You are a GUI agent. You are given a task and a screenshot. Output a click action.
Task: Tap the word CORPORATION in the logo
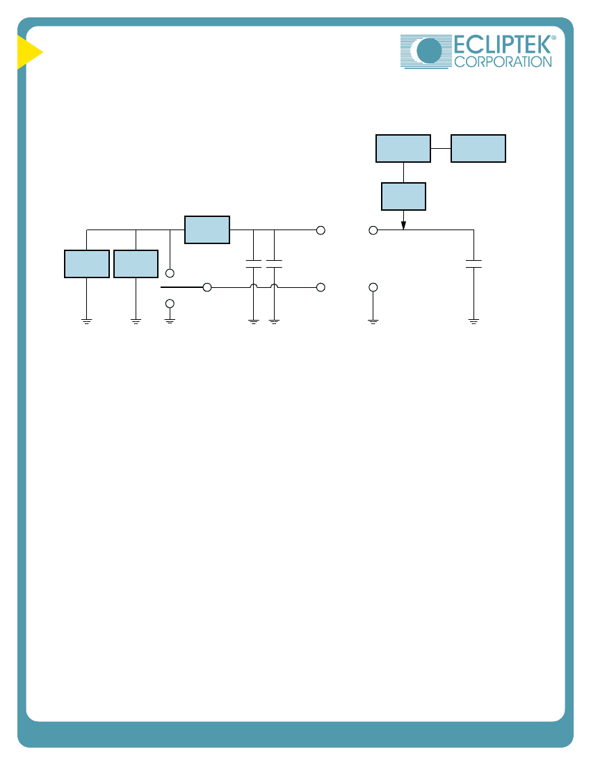point(503,62)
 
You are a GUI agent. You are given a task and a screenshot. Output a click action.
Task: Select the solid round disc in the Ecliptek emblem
point(429,51)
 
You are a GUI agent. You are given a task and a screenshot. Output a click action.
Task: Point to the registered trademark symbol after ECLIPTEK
point(553,38)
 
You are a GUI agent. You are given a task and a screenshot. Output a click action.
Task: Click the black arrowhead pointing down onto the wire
point(403,225)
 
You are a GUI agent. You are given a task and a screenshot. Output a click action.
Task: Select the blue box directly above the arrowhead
point(403,197)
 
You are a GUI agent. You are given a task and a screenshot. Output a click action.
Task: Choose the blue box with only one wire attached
point(478,148)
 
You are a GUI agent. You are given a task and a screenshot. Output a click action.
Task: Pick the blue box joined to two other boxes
point(403,148)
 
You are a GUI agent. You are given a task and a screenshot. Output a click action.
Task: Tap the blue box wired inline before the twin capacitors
point(207,229)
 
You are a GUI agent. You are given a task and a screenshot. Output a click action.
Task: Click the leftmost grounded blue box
point(87,264)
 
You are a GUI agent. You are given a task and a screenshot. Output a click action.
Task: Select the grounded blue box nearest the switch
point(136,264)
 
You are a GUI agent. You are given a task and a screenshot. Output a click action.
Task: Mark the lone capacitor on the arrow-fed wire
point(473,264)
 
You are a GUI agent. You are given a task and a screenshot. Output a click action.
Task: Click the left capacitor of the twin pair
point(254,264)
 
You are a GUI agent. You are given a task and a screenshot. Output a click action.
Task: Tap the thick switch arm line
point(182,287)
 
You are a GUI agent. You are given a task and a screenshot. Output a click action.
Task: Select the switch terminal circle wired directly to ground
point(170,303)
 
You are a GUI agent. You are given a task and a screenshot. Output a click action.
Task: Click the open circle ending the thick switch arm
point(207,287)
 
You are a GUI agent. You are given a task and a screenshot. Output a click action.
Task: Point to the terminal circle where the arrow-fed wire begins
point(373,230)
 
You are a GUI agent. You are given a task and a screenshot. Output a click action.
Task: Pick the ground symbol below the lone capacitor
point(473,321)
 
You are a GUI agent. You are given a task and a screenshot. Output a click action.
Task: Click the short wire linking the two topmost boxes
point(441,148)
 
